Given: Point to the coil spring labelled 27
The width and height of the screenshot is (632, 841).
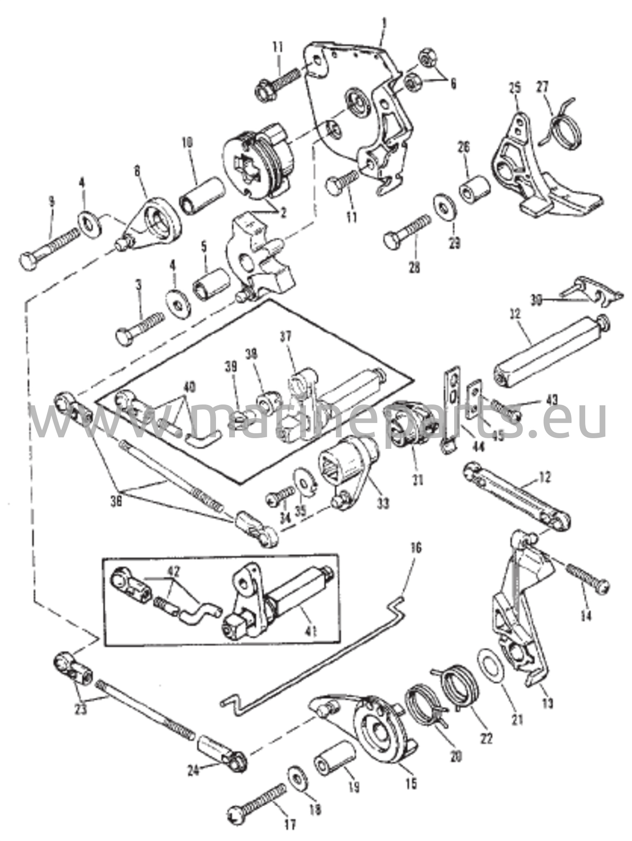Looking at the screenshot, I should point(564,126).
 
